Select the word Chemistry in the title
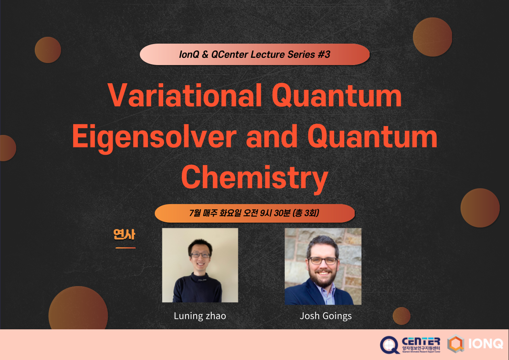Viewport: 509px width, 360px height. [254, 177]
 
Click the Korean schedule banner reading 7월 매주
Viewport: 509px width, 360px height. [254, 213]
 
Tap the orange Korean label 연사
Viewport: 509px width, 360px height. [124, 234]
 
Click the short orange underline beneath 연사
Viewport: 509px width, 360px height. [125, 248]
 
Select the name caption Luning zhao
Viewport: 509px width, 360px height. [200, 316]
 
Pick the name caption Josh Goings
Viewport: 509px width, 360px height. [326, 316]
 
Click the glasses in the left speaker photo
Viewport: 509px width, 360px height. [200, 255]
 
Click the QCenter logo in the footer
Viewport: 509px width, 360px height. [410, 345]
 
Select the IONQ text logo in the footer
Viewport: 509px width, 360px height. [486, 344]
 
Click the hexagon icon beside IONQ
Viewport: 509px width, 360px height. [456, 344]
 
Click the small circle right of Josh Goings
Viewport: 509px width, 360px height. [401, 316]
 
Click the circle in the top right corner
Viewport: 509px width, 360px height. [432, 37]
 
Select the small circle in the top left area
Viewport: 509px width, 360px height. [48, 50]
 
